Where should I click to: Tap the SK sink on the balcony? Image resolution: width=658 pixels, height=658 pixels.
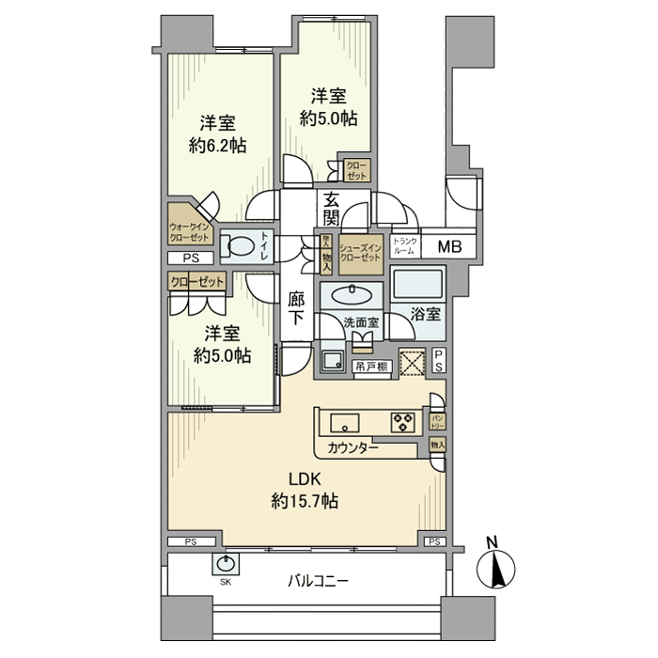[227, 565]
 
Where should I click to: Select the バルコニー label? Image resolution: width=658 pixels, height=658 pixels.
[318, 582]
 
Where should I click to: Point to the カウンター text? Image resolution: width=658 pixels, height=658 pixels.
[354, 448]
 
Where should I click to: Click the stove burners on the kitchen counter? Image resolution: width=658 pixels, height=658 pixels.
[403, 422]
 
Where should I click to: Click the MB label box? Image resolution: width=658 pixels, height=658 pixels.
[450, 246]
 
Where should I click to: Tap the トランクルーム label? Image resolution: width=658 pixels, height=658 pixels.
[404, 246]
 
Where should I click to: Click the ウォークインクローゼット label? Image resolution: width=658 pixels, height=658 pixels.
[190, 232]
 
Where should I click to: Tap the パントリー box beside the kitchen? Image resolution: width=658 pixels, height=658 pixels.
[438, 418]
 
